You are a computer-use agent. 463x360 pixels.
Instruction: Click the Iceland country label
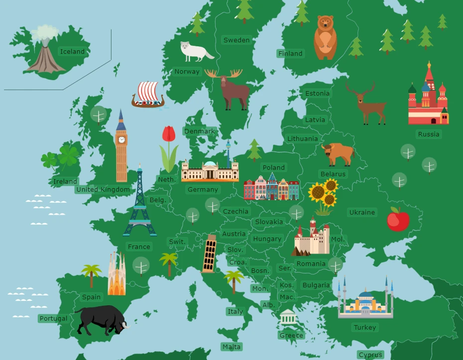coord(72,51)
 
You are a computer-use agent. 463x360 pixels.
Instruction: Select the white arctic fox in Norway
coord(195,50)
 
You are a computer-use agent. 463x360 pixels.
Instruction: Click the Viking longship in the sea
coord(148,95)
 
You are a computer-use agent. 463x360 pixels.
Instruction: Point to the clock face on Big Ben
coord(121,139)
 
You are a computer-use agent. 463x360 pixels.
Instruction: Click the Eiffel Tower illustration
coord(139,204)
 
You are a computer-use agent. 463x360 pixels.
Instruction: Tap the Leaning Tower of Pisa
coord(210,254)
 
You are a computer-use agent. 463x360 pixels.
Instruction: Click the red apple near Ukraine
coord(398,220)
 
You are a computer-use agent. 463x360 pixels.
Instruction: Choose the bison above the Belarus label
coord(338,153)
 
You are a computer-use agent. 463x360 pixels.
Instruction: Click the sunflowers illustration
coord(323,196)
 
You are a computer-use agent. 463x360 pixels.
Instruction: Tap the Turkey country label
coord(365,327)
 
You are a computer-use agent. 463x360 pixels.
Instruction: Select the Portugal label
coord(53,318)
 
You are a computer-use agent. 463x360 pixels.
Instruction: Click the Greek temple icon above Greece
coord(288,317)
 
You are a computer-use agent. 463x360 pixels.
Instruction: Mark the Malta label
coord(231,347)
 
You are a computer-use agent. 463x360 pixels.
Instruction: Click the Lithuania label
coord(302,138)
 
